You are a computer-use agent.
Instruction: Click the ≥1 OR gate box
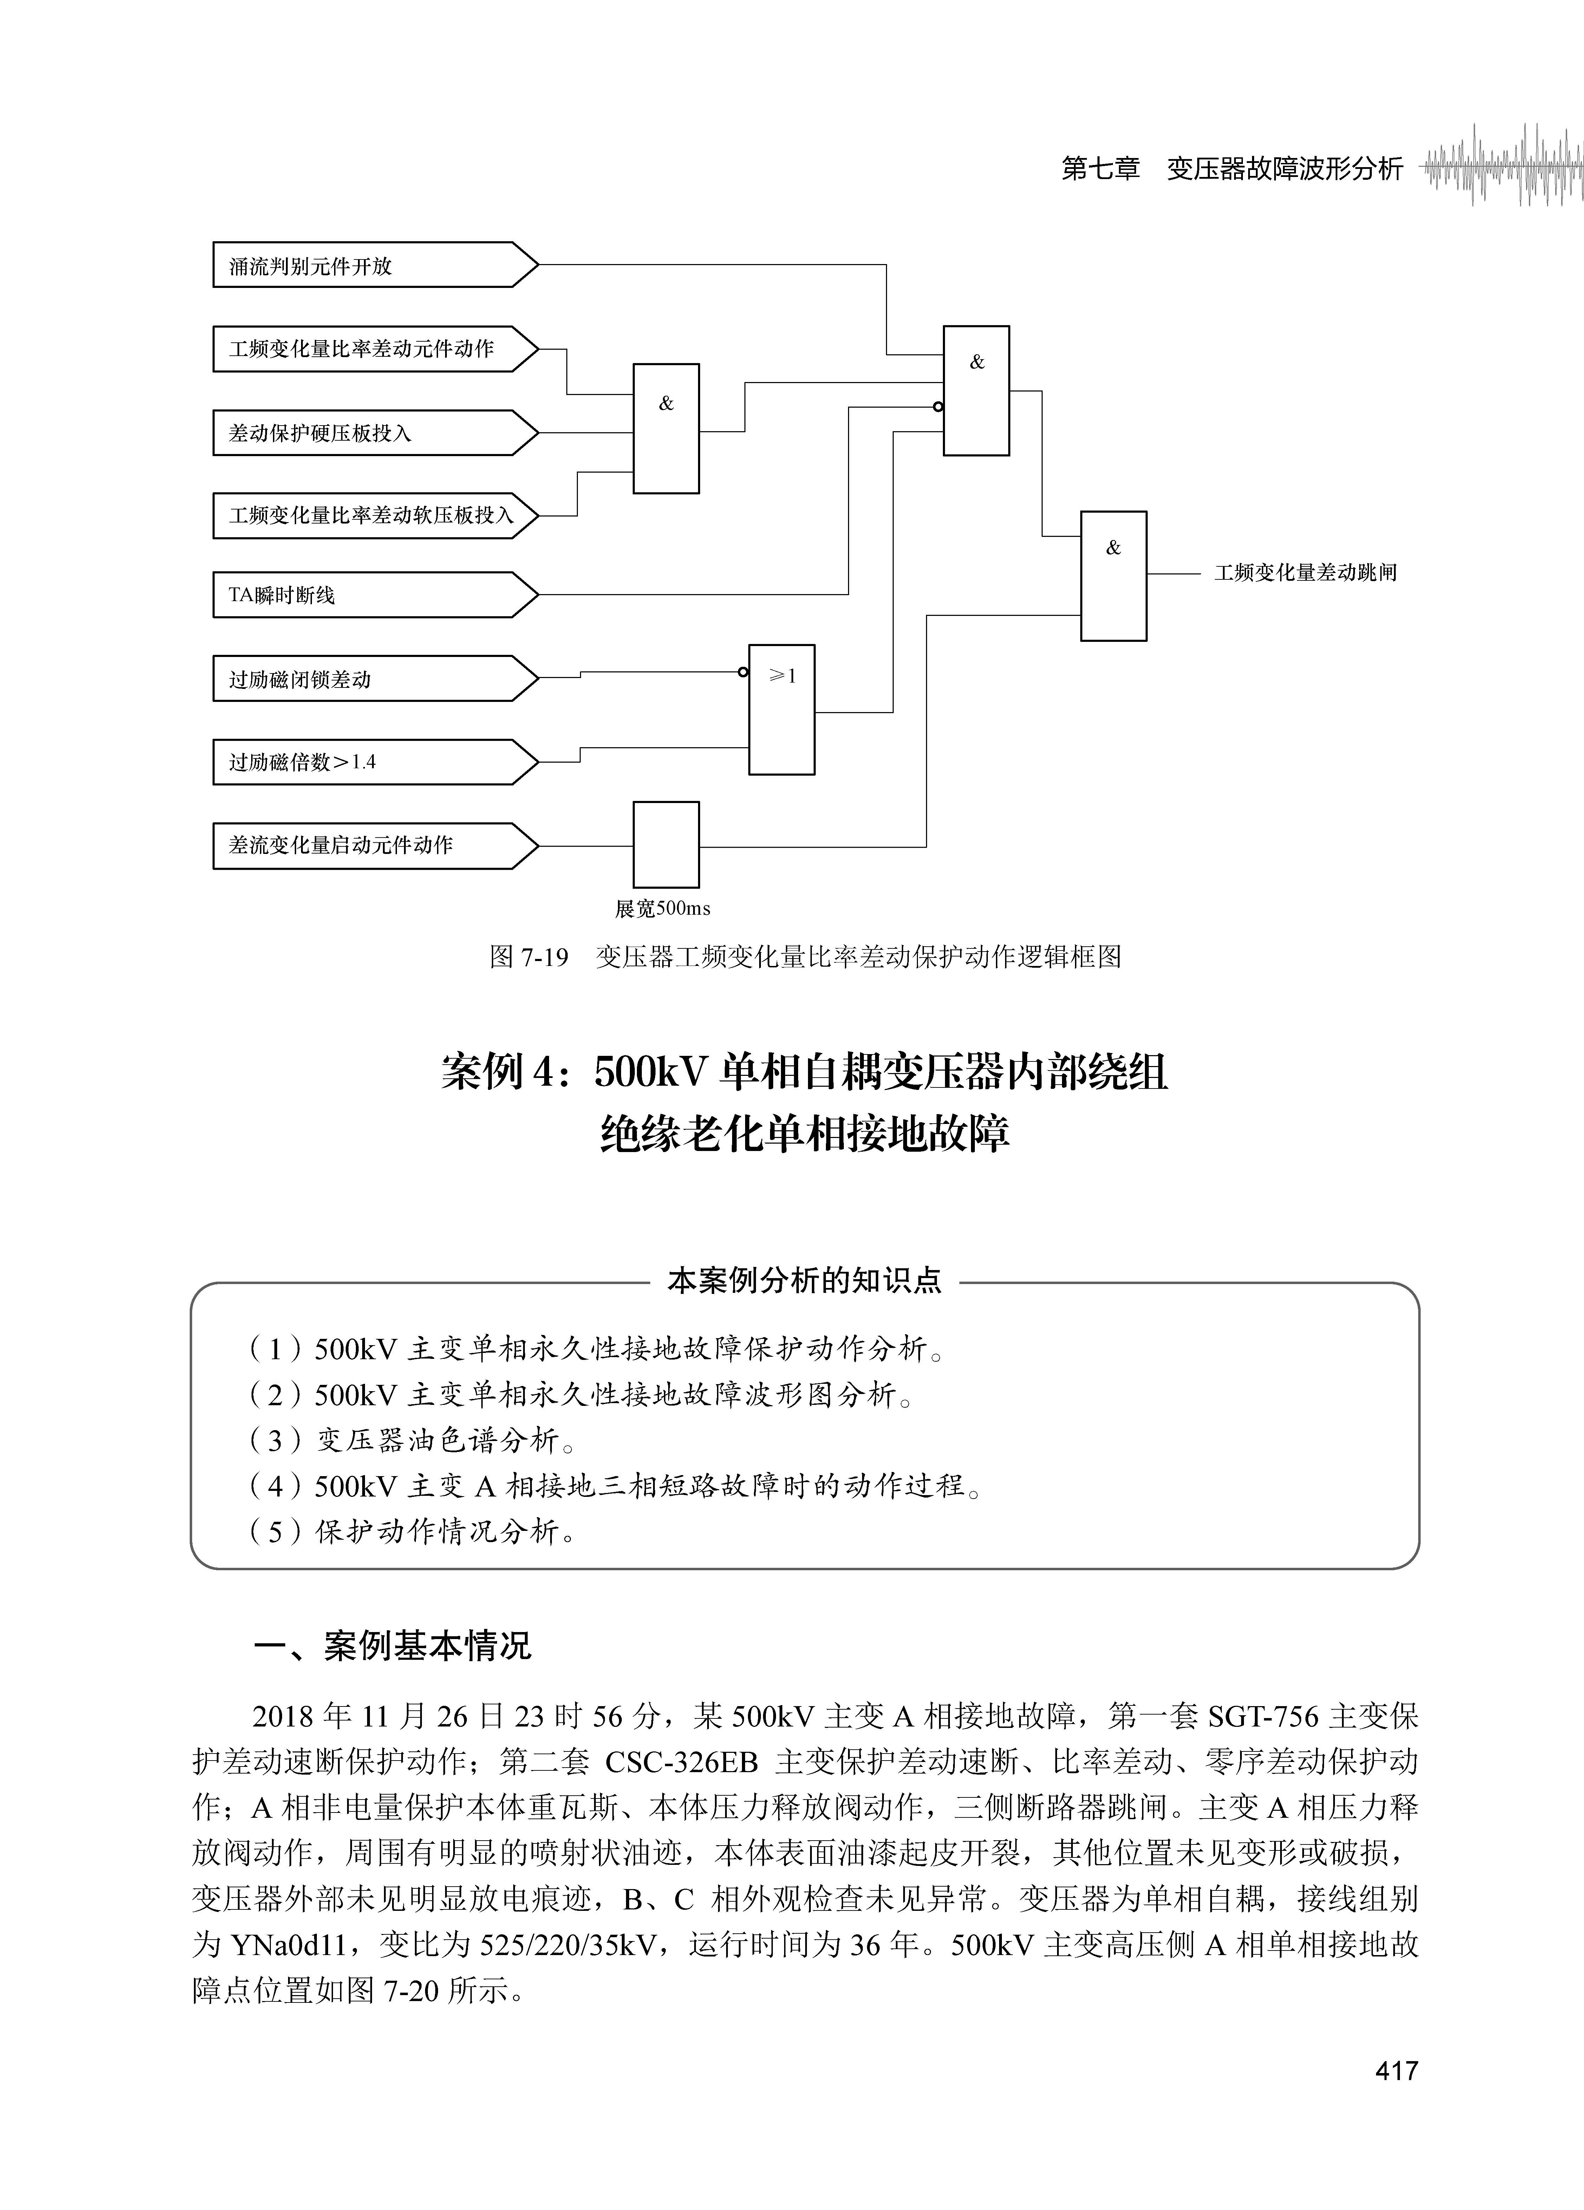tap(782, 709)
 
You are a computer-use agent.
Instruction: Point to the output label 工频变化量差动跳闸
tap(1305, 573)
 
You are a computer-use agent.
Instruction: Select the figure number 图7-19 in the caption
tap(528, 957)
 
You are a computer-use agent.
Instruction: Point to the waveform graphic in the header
tap(1501, 166)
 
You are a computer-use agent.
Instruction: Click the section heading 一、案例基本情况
tap(392, 1646)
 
